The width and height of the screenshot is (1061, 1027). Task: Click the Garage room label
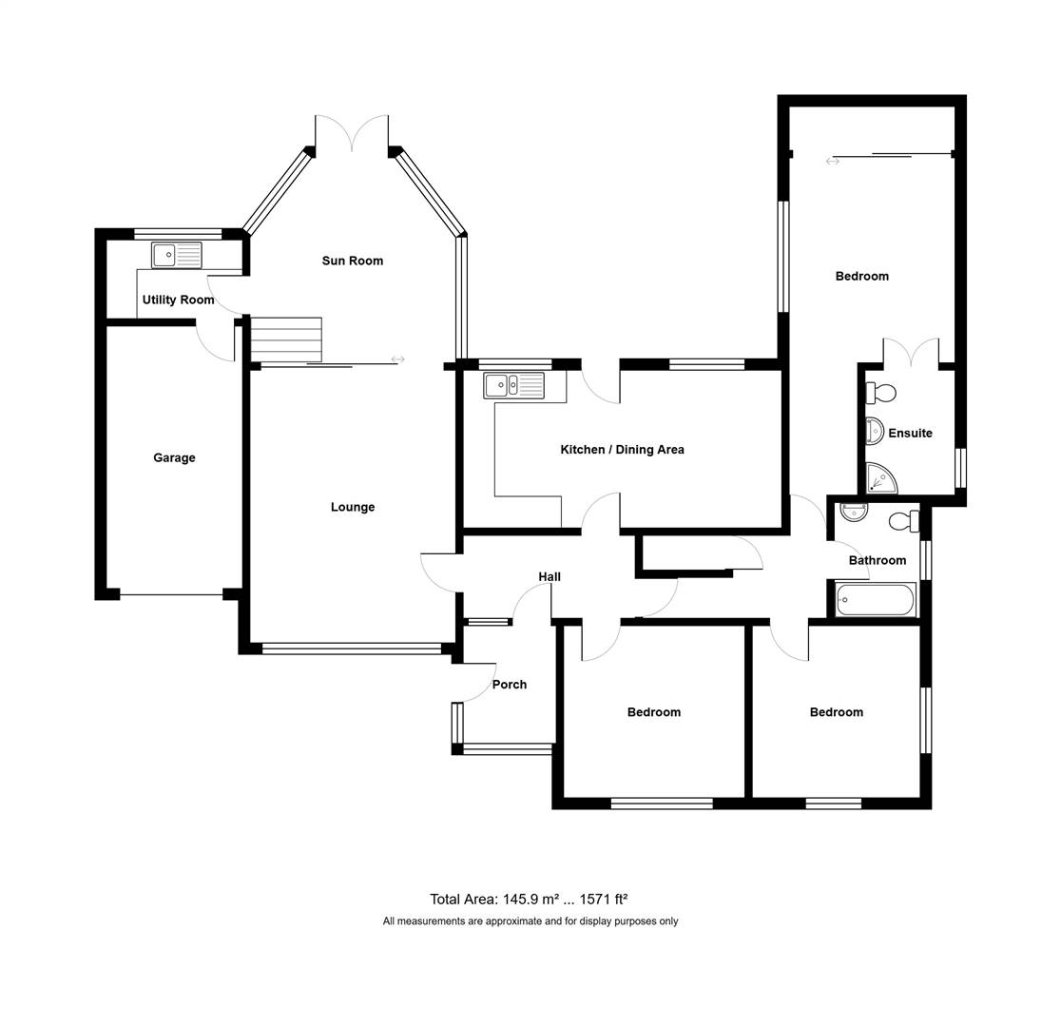(174, 457)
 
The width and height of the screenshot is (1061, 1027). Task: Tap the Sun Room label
(353, 261)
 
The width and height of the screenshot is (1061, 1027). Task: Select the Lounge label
(353, 507)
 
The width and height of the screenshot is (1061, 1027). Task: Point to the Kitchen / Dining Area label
(622, 450)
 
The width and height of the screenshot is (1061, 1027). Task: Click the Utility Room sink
(177, 255)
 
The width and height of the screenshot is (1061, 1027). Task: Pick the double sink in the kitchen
(513, 386)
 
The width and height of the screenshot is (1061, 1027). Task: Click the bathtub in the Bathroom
(876, 600)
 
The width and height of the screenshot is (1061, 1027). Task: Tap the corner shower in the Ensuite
(881, 478)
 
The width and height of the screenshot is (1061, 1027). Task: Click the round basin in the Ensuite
(875, 431)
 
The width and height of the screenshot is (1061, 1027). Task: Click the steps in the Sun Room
(286, 339)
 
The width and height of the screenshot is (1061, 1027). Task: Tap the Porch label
(510, 685)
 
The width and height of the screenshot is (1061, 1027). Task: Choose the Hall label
(550, 577)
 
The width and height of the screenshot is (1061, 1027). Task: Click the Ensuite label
(910, 434)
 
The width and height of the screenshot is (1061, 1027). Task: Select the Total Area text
(530, 899)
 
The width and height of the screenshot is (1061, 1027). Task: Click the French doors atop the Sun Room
(352, 134)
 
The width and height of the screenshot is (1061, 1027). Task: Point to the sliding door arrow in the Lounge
(397, 358)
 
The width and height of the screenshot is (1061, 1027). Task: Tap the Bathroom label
(878, 560)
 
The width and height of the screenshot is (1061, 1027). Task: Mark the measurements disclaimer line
(530, 920)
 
